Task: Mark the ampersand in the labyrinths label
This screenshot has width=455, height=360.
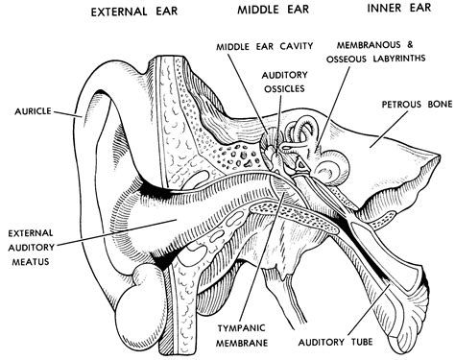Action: pos(410,45)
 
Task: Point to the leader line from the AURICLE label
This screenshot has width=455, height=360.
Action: pos(68,113)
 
